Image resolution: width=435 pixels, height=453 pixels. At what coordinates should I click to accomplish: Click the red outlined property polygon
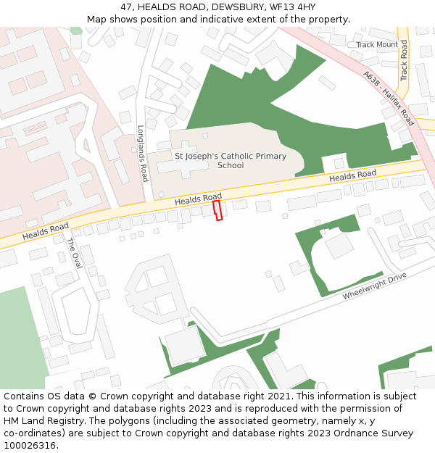click(x=217, y=210)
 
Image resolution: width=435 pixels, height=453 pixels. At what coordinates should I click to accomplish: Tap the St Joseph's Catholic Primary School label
click(x=231, y=160)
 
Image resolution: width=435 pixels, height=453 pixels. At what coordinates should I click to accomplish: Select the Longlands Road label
click(x=143, y=153)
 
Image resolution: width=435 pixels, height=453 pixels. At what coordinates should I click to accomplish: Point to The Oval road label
click(x=74, y=253)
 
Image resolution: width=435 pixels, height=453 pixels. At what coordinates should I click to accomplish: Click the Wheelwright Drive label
click(x=375, y=286)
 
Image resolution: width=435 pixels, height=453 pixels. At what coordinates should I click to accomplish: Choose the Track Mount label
click(x=377, y=44)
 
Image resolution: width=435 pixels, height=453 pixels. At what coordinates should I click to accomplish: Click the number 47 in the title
click(x=127, y=7)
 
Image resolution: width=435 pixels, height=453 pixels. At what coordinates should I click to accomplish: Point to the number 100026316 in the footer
click(x=31, y=445)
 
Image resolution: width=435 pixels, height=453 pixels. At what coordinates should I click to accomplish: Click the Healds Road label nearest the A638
click(x=352, y=175)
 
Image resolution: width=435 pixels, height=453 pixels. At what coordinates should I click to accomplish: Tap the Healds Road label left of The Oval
click(x=45, y=231)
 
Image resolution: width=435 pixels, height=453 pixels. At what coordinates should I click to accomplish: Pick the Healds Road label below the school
click(x=198, y=199)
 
